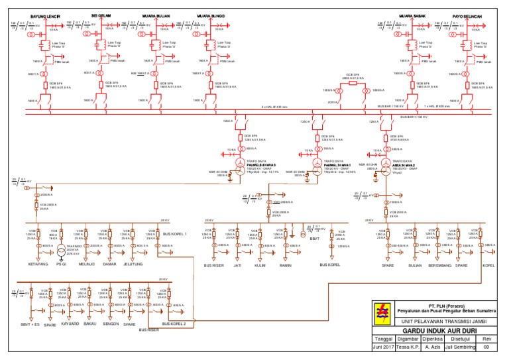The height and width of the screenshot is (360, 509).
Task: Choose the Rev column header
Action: point(486,337)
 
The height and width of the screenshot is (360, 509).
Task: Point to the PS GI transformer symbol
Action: point(61,251)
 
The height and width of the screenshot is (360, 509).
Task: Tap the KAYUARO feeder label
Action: point(70,324)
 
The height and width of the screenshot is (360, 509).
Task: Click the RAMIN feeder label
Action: point(286,265)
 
